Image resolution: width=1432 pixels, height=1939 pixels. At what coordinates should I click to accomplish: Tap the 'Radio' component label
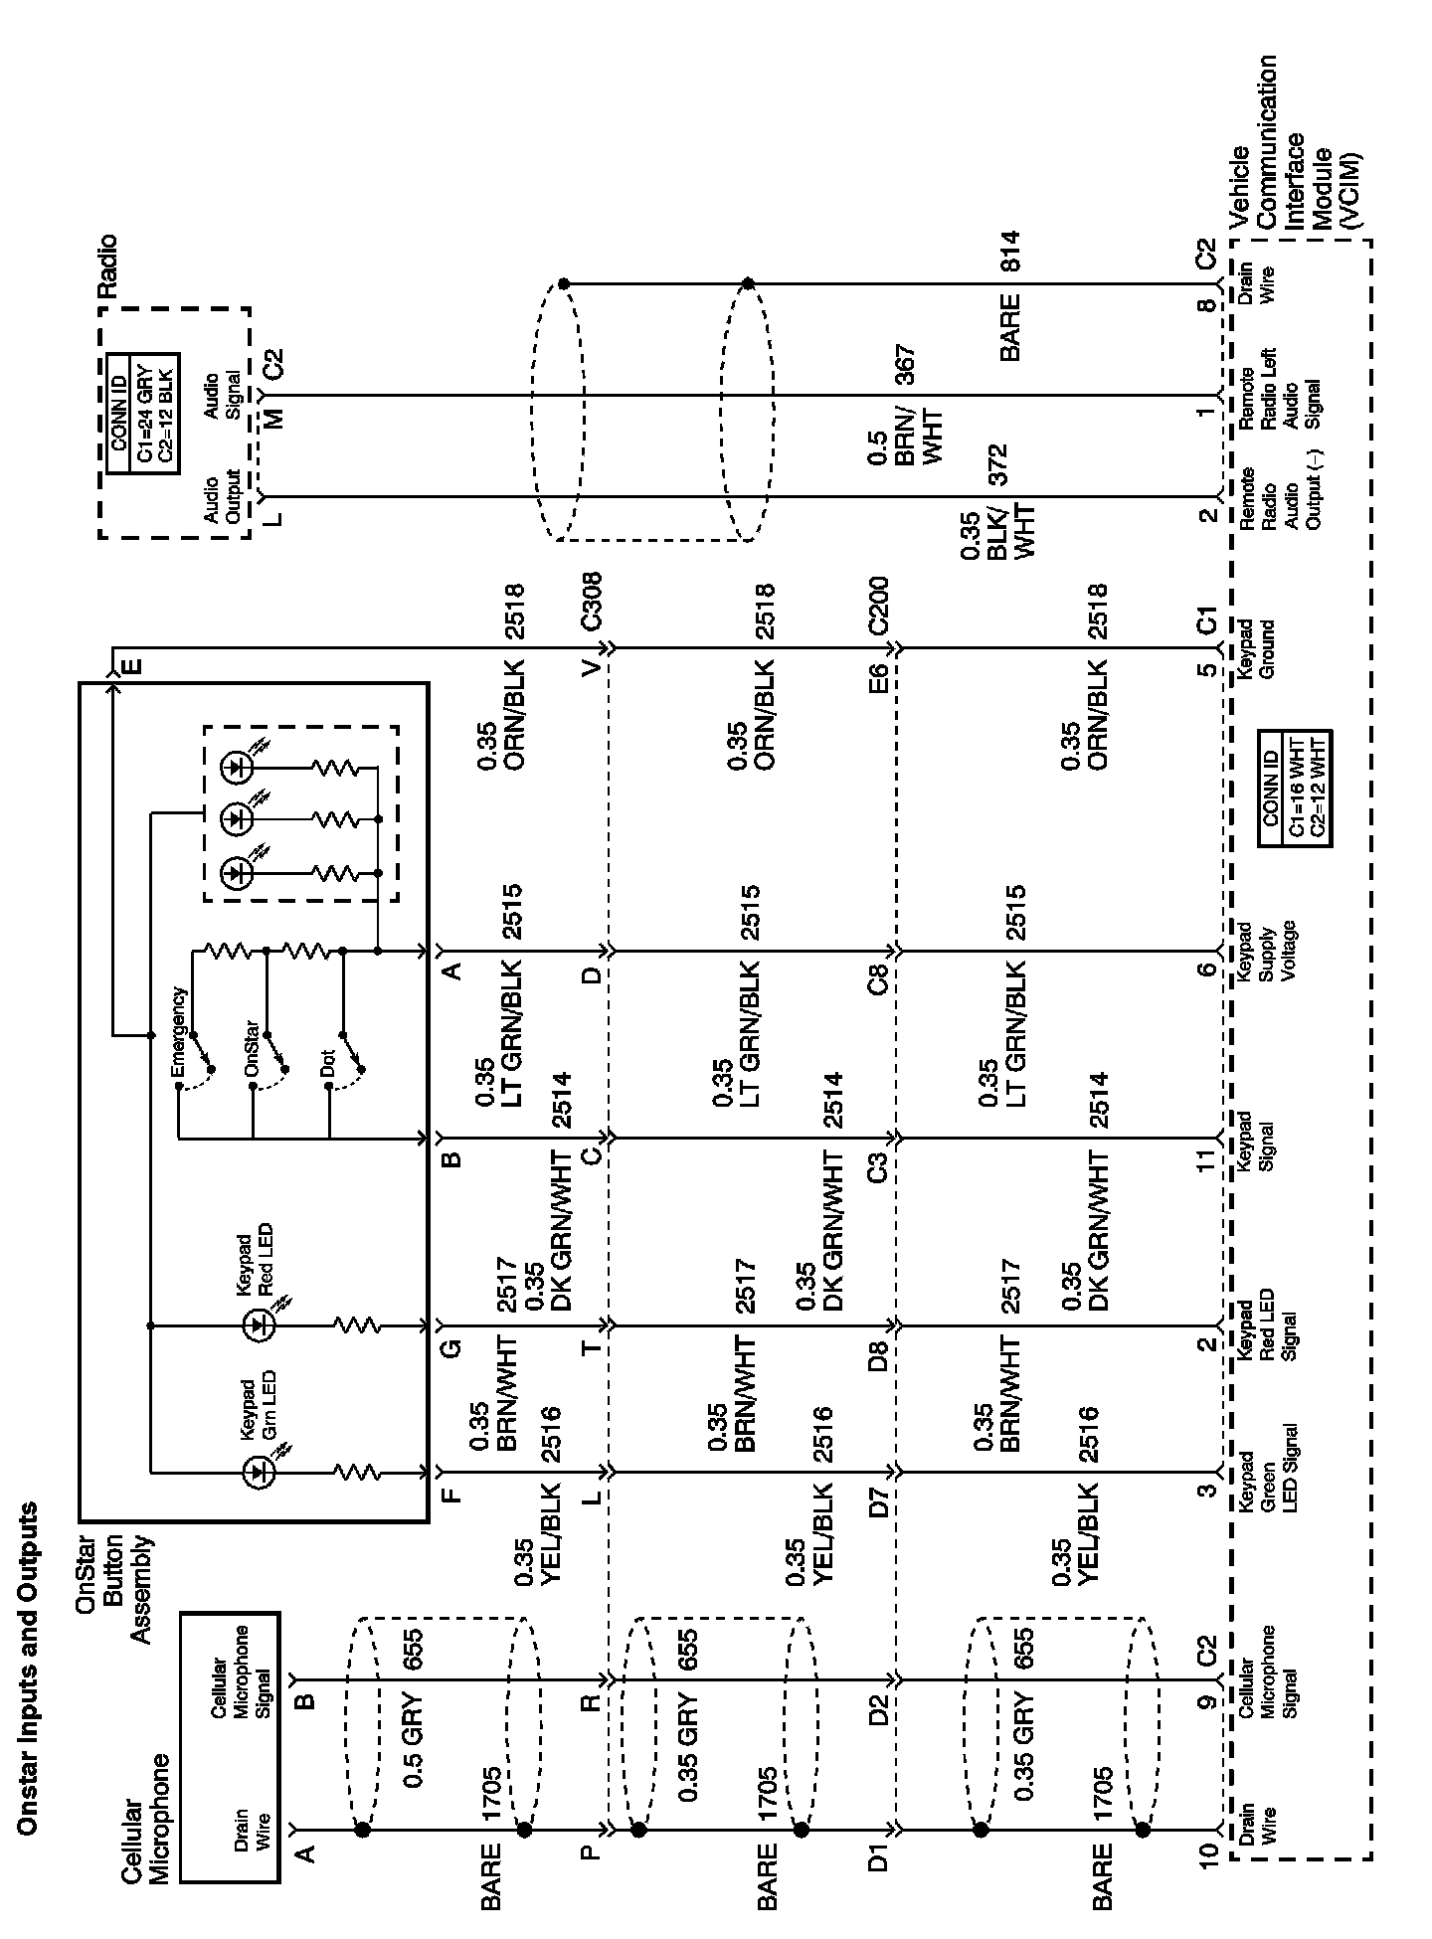106,266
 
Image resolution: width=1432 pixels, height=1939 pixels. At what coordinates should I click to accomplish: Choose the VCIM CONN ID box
1294,788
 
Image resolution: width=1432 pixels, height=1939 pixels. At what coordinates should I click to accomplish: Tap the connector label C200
878,606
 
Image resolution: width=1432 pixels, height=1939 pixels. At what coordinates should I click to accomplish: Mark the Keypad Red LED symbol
258,1324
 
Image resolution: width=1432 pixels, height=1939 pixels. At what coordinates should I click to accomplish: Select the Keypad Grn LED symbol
258,1472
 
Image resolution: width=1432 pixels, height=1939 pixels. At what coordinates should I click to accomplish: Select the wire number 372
997,464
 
